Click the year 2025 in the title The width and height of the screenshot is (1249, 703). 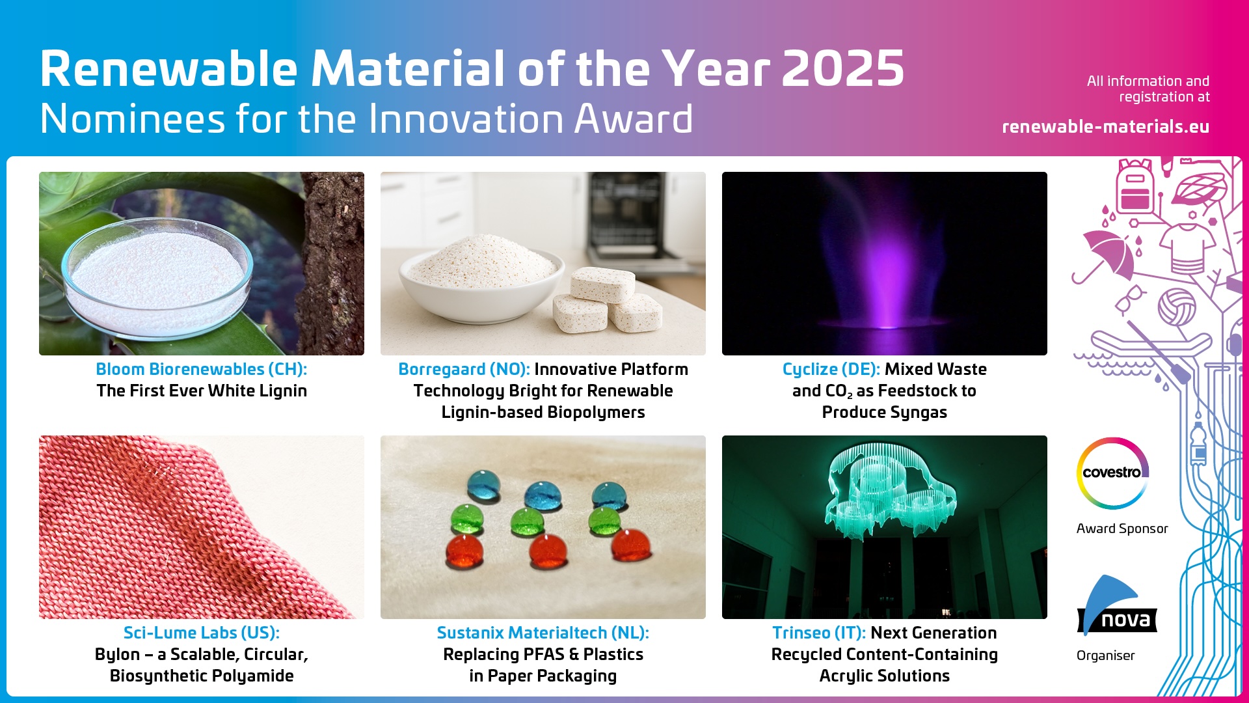(x=842, y=69)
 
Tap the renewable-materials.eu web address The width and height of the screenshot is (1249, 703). (x=1105, y=126)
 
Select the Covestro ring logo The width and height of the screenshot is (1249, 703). (x=1112, y=473)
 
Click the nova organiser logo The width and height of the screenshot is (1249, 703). (x=1116, y=608)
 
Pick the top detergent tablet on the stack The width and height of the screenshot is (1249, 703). (x=602, y=284)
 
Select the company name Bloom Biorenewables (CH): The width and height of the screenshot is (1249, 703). (x=201, y=369)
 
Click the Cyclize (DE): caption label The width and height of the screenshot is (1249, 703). (x=831, y=369)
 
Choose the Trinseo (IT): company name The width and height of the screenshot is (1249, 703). (x=818, y=633)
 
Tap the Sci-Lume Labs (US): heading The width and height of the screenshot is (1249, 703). (x=201, y=633)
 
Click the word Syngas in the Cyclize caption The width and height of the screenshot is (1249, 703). (x=918, y=412)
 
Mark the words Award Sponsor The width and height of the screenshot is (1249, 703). (x=1121, y=529)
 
